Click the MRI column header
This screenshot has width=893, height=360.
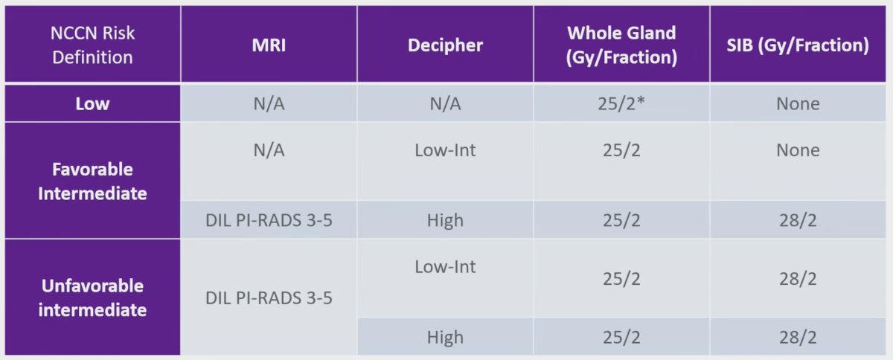pyautogui.click(x=269, y=45)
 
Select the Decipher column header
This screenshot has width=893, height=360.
pyautogui.click(x=445, y=45)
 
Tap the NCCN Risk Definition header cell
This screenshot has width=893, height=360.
pyautogui.click(x=92, y=45)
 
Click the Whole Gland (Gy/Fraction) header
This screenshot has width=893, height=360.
pyautogui.click(x=621, y=45)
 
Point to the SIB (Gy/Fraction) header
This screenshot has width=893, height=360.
pyautogui.click(x=798, y=45)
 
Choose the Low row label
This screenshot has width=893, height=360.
pyautogui.click(x=92, y=103)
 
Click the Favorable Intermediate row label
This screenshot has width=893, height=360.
pyautogui.click(x=92, y=181)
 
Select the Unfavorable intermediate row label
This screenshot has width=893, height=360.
pyautogui.click(x=92, y=298)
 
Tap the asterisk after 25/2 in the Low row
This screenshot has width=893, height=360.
pyautogui.click(x=640, y=101)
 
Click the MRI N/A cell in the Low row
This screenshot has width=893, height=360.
pyautogui.click(x=269, y=104)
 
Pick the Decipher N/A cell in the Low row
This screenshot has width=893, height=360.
pyautogui.click(x=445, y=104)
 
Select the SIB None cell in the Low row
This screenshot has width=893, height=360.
pyautogui.click(x=798, y=104)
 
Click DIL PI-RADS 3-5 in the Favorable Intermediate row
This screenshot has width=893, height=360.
pyautogui.click(x=269, y=220)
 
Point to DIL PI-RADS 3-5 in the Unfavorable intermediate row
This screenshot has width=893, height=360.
pyautogui.click(x=269, y=298)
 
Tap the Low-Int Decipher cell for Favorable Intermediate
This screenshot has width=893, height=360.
pyautogui.click(x=445, y=150)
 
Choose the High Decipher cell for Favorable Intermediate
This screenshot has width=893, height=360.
pyautogui.click(x=445, y=220)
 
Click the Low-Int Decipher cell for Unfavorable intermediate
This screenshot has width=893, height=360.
pyautogui.click(x=445, y=267)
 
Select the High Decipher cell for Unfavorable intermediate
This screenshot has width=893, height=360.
pyautogui.click(x=445, y=338)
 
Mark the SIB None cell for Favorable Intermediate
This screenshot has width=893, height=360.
pyautogui.click(x=798, y=150)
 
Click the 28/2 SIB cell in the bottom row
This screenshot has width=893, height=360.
pyautogui.click(x=798, y=337)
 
